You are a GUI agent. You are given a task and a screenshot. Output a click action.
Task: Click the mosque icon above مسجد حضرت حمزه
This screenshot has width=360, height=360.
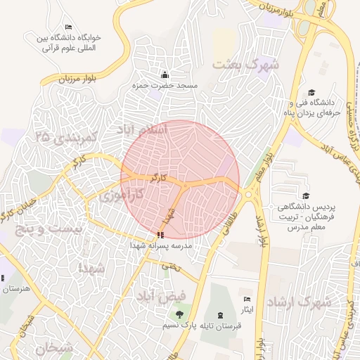pos(165,75)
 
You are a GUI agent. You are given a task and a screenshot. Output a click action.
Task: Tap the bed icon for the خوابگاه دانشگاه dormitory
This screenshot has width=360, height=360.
pos(67,27)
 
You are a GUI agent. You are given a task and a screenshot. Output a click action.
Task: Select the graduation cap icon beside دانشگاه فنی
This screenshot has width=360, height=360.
pos(311,92)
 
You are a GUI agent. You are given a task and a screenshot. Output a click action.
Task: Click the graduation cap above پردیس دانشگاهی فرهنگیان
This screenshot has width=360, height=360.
pos(306,195)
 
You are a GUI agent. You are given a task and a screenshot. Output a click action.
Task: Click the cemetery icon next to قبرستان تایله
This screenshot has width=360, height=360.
pos(222,314)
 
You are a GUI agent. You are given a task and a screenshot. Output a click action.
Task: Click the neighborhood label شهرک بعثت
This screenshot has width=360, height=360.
pos(245,65)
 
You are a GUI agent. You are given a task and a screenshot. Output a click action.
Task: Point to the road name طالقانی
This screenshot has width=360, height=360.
pos(239,224)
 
